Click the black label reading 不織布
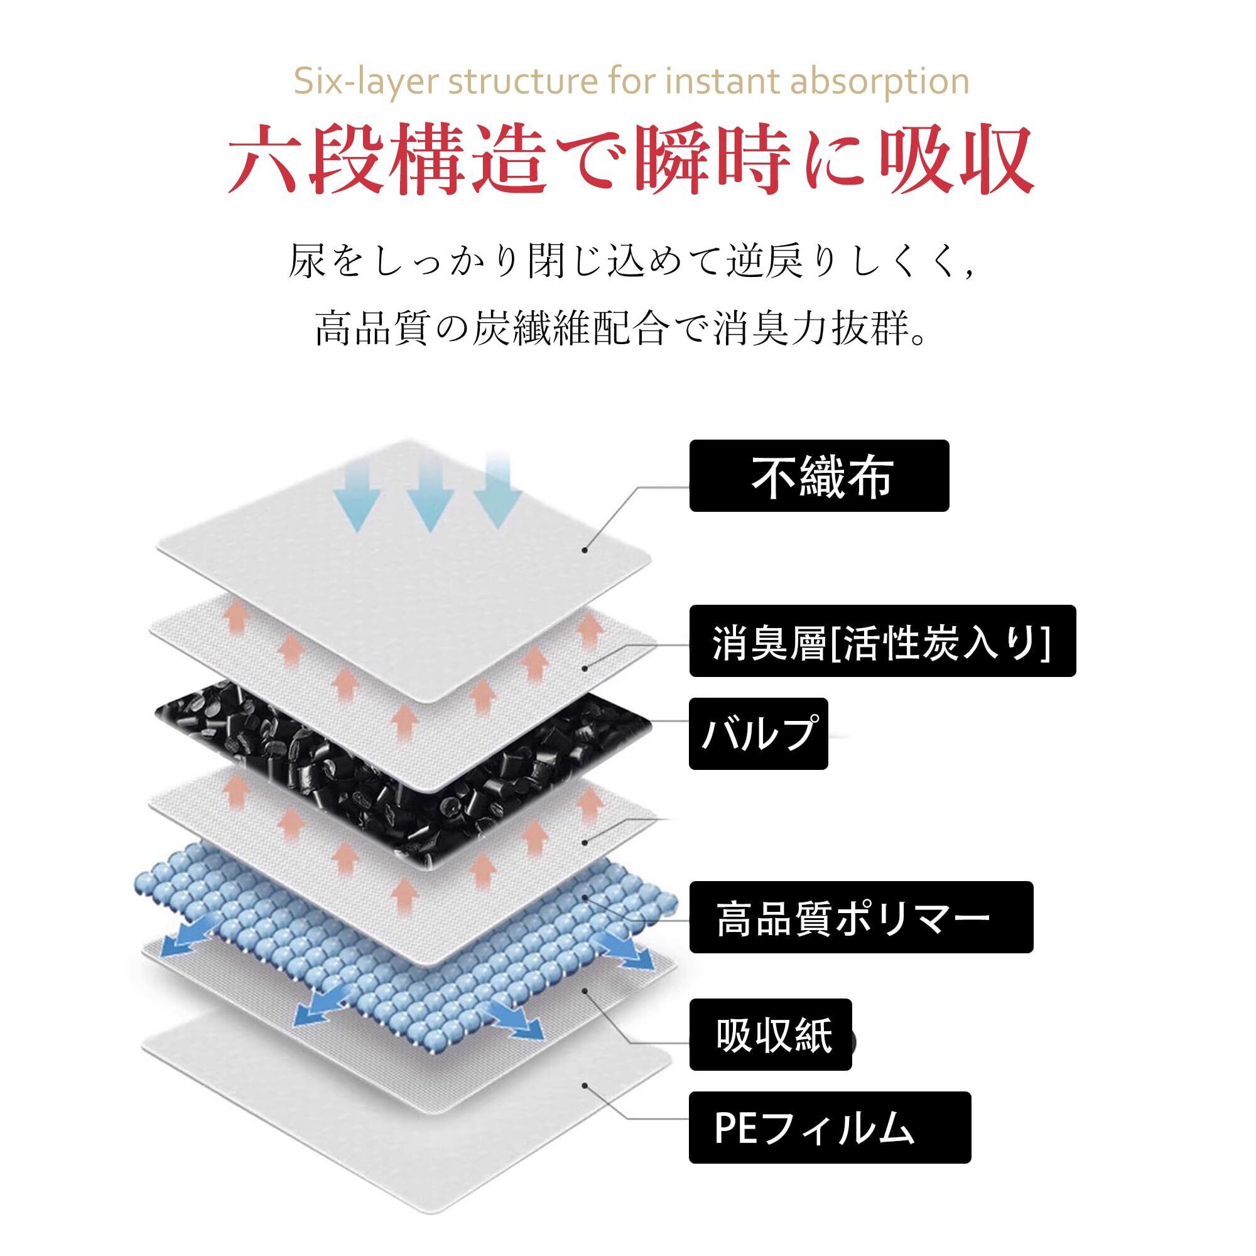819,476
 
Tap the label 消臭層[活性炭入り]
882,641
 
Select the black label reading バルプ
758,734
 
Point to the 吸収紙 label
771,1034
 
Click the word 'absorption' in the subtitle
880,82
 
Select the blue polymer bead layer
403,936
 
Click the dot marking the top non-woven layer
585,550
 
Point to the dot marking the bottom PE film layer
585,1085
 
